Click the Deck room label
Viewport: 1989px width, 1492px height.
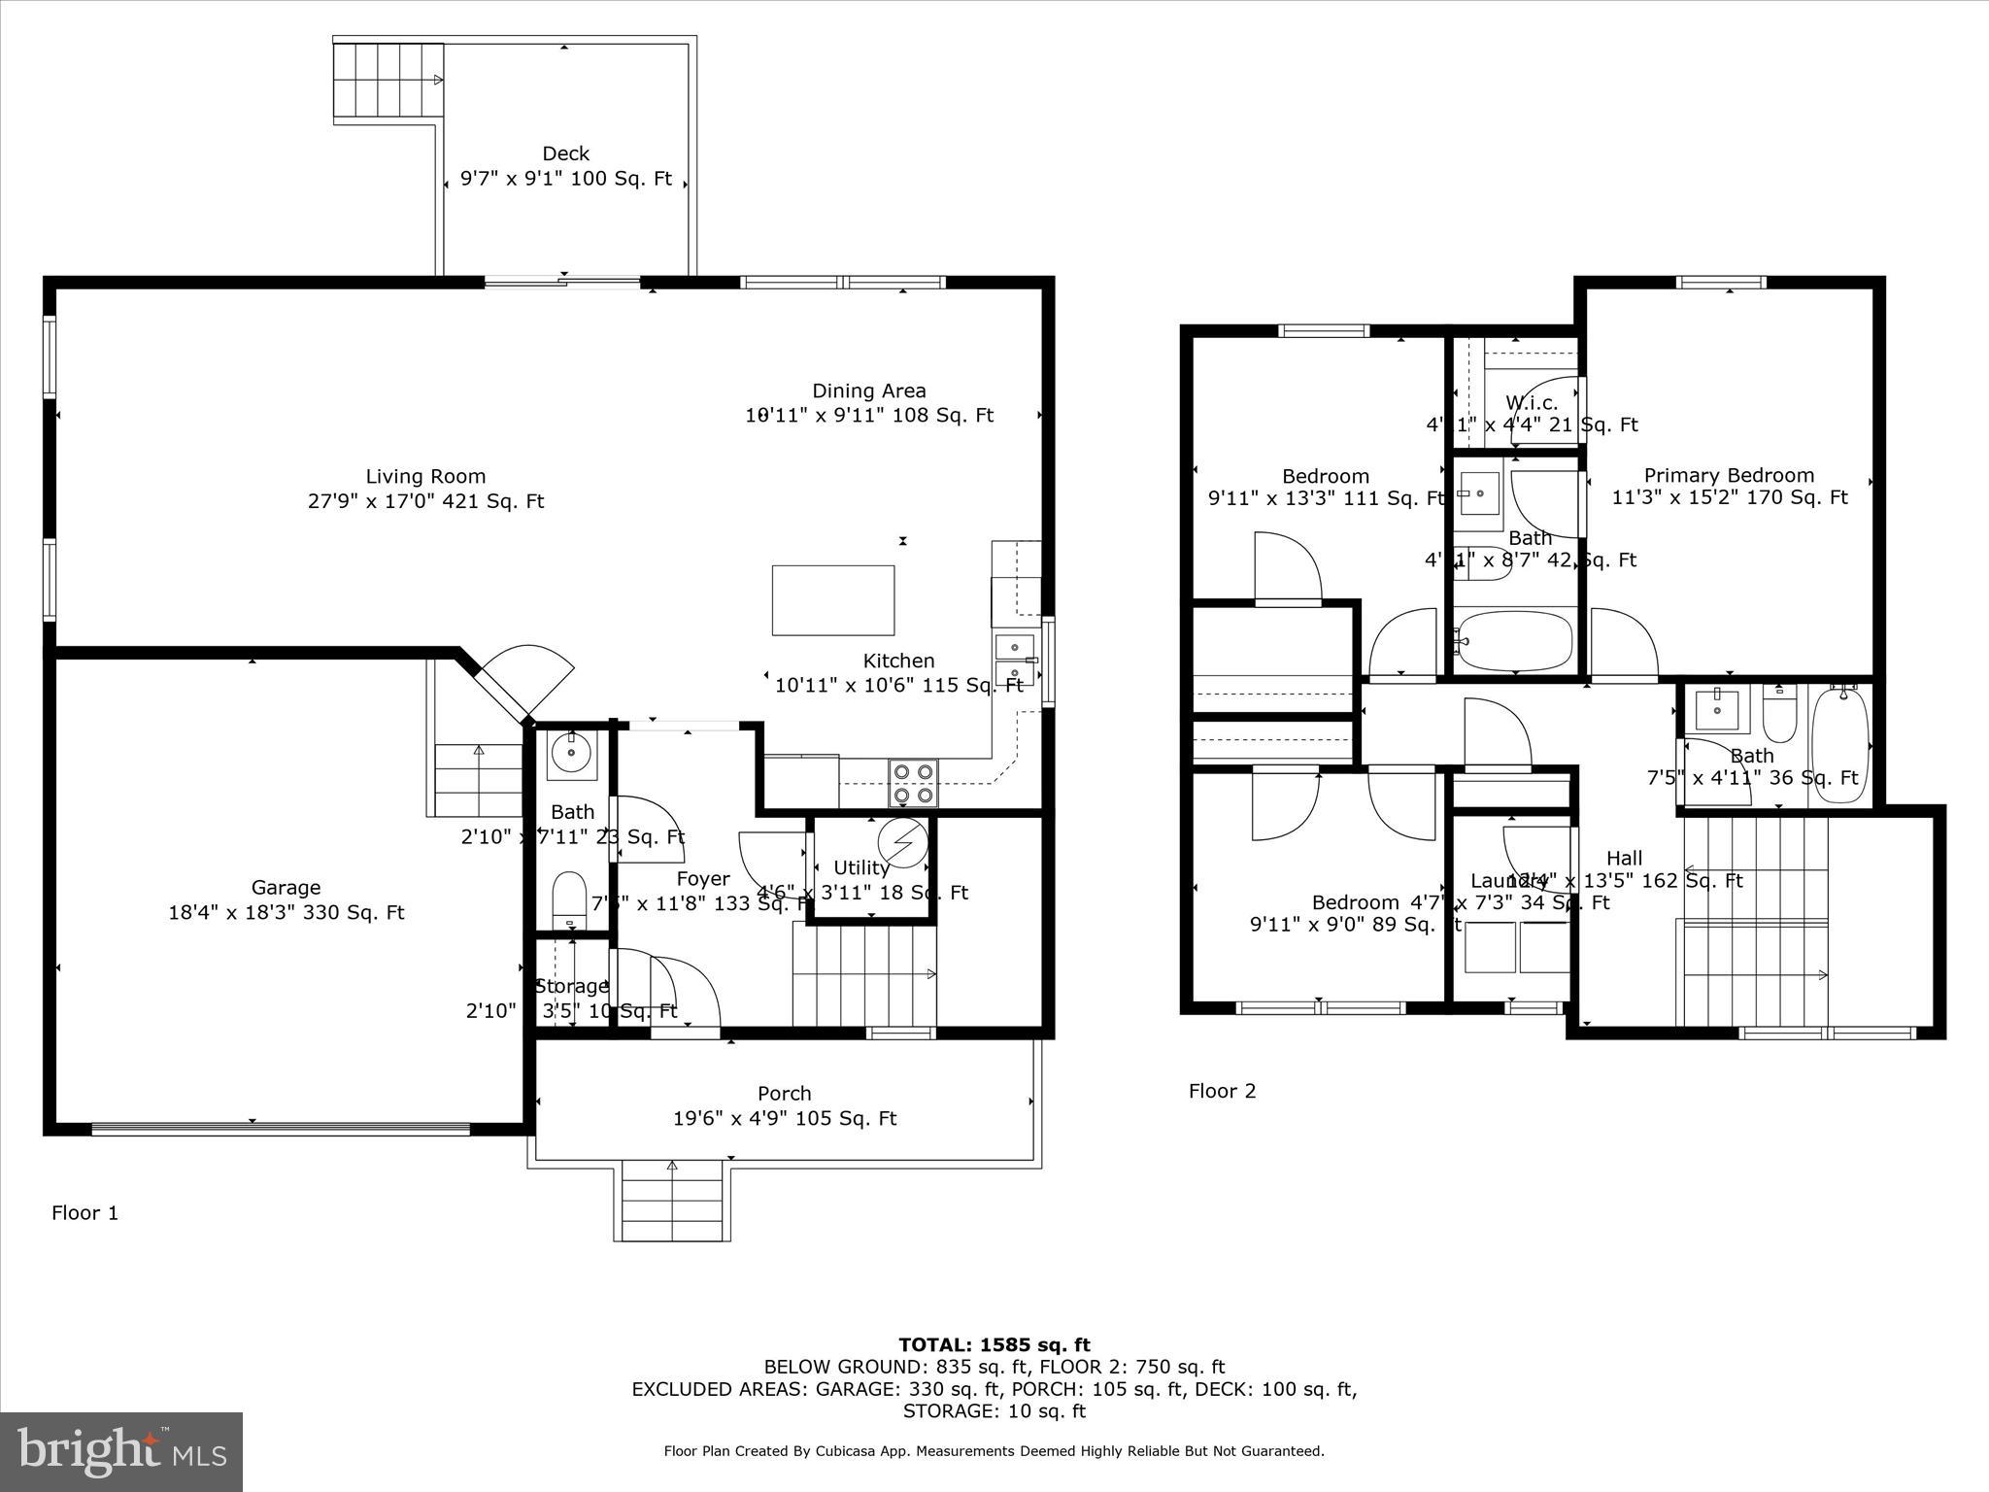click(x=565, y=153)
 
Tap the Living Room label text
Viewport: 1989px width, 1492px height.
click(x=425, y=476)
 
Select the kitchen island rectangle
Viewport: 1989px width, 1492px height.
click(x=832, y=600)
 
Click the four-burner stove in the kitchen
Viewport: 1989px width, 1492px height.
click(x=913, y=783)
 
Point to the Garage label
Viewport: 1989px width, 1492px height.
click(x=286, y=887)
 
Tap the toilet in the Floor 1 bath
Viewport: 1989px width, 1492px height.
click(x=569, y=898)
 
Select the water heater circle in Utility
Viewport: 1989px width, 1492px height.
click(x=903, y=842)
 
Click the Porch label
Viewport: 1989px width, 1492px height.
click(x=784, y=1093)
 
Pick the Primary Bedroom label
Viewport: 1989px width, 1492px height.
click(x=1729, y=475)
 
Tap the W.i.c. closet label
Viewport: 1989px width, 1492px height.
click(x=1532, y=402)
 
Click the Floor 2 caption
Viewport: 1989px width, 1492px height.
click(x=1222, y=1091)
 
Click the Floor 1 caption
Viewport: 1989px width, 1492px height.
click(x=84, y=1212)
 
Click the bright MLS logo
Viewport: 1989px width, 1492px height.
click(x=120, y=1451)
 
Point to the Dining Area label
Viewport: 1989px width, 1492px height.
click(x=868, y=390)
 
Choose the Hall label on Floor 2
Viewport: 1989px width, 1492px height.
click(x=1624, y=858)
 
